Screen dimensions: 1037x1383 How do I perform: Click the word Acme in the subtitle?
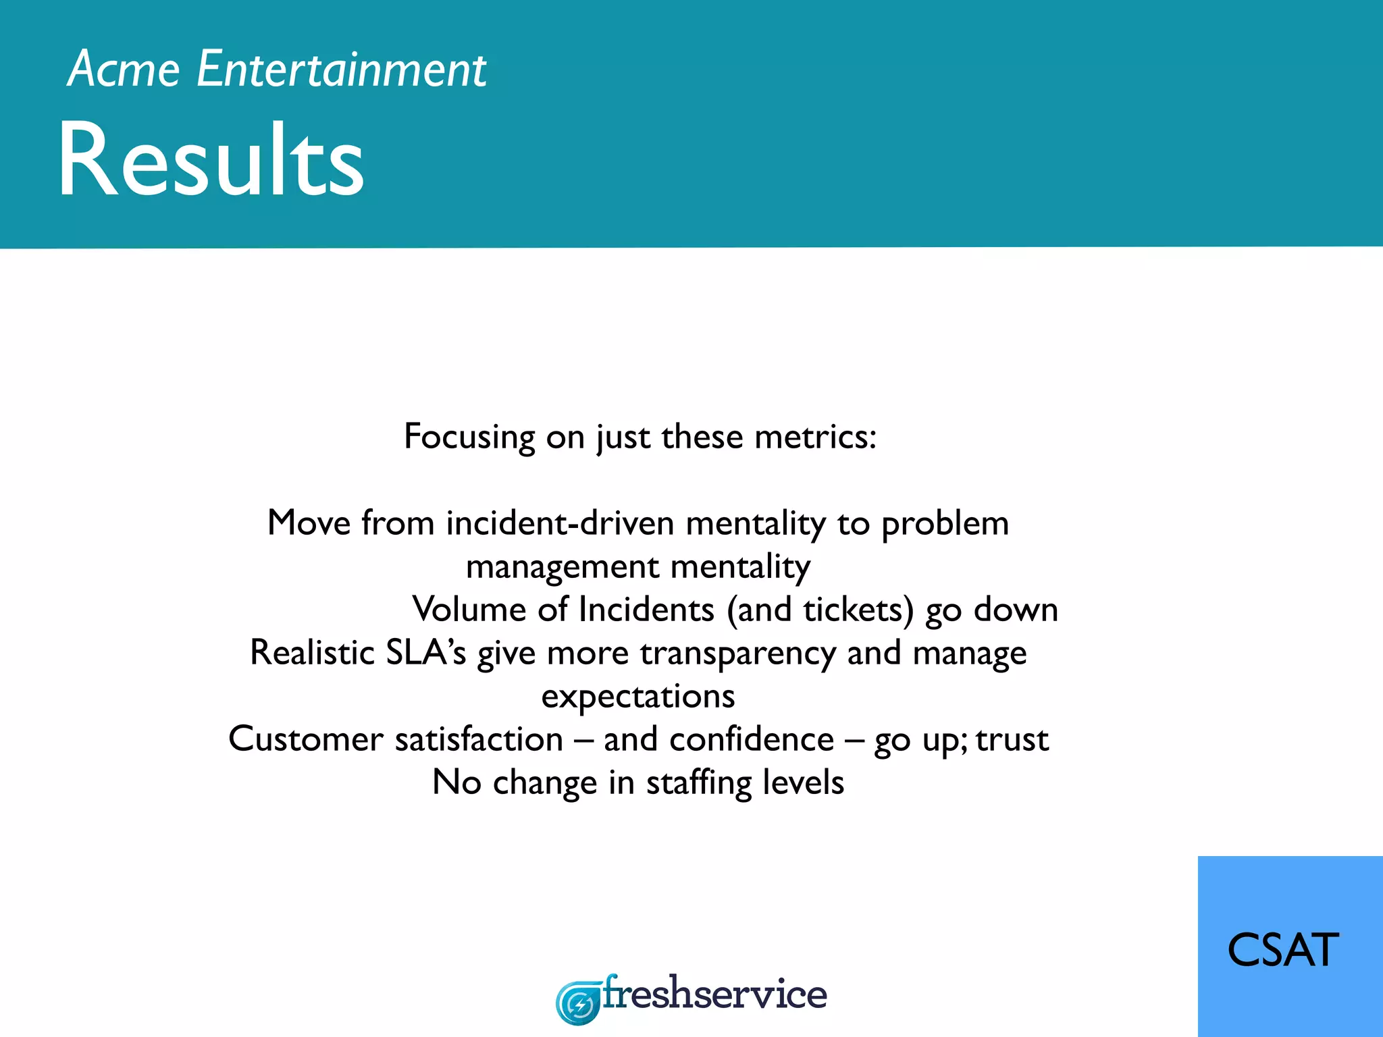pos(124,70)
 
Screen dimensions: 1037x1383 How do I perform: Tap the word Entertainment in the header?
pos(341,70)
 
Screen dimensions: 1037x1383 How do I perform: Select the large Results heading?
pos(211,161)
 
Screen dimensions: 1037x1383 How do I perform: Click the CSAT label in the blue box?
pos(1282,950)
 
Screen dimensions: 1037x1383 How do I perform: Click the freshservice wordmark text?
pos(714,994)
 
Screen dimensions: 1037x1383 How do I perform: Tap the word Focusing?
pos(469,436)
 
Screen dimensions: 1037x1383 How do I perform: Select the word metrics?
pos(815,436)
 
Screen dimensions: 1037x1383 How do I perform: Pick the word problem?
pos(945,523)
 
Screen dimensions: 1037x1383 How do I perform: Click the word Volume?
pos(469,610)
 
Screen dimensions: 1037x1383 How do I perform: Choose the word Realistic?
pos(312,653)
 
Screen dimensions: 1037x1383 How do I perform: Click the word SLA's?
pos(425,653)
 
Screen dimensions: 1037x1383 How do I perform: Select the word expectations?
pos(637,697)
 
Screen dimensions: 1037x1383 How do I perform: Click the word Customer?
pos(305,739)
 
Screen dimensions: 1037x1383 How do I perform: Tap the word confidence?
pos(752,739)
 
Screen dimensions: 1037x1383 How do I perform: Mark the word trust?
pos(1012,739)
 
